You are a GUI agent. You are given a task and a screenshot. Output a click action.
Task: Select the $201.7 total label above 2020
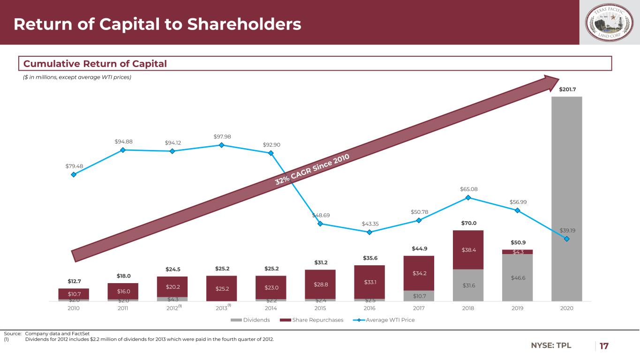(x=566, y=89)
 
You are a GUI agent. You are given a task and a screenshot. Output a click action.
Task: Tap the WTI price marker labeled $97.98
(x=221, y=145)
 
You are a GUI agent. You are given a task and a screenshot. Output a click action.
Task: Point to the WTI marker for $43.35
(x=369, y=232)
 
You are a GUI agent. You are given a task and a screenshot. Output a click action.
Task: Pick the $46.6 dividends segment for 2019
(x=517, y=277)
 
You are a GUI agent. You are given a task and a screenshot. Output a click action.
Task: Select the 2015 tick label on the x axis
(x=320, y=308)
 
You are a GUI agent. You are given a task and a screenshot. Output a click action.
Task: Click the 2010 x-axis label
(x=74, y=308)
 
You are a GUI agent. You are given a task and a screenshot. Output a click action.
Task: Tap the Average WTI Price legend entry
(x=386, y=320)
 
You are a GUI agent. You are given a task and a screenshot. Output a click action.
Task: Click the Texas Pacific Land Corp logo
(x=610, y=22)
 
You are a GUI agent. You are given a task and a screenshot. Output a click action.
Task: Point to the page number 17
(x=604, y=346)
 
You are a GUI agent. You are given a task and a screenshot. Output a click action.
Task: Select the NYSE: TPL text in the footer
(x=551, y=346)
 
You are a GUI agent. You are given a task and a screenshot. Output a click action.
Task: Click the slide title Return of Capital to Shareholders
(x=157, y=24)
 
